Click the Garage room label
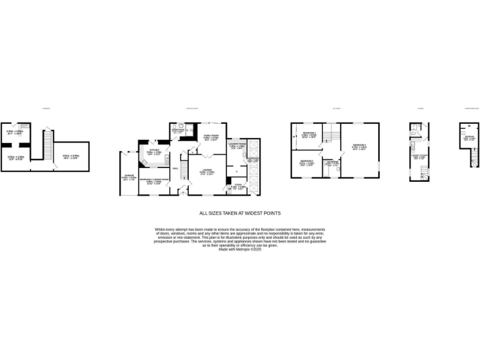pos(129,176)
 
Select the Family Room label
pos(211,135)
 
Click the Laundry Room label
pos(239,145)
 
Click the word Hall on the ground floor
pos(176,168)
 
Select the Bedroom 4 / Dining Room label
pos(154,179)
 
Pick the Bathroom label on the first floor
pos(331,162)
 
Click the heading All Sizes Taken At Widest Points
pos(240,213)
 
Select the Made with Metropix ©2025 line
pos(240,249)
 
